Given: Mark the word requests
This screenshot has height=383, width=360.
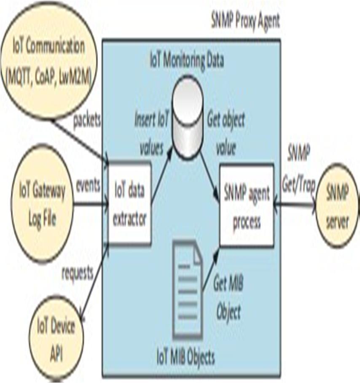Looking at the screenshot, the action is pos(77,273).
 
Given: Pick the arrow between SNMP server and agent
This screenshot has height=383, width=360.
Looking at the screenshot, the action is pos(295,205).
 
